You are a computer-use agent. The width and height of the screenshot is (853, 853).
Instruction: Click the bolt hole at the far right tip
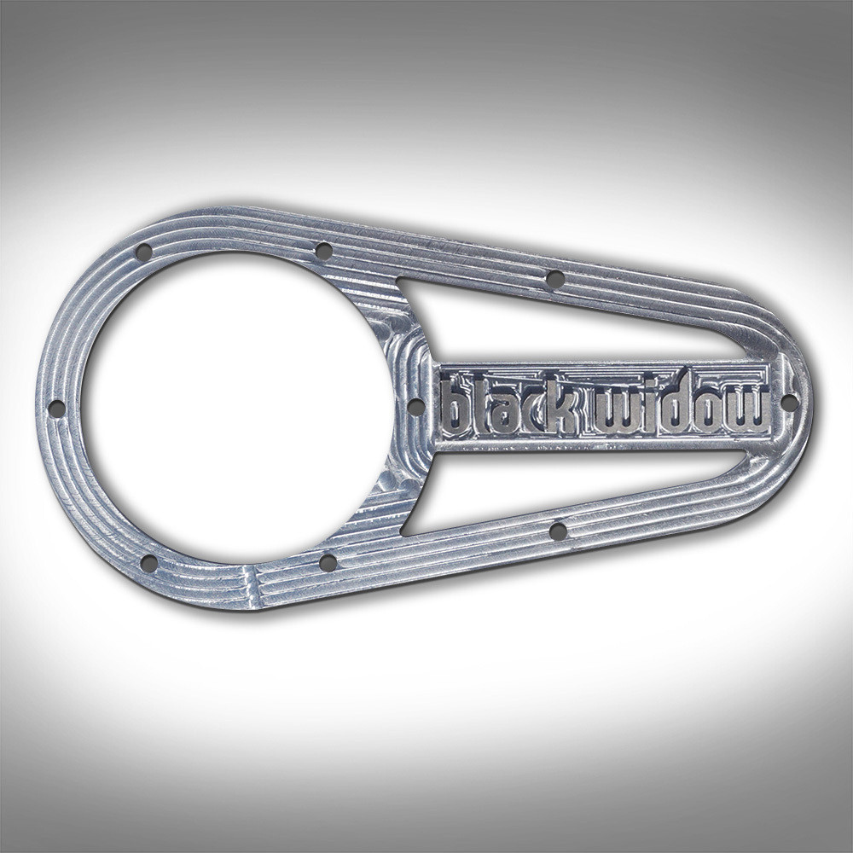[789, 401]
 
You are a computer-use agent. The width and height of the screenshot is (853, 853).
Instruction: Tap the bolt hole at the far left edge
[56, 409]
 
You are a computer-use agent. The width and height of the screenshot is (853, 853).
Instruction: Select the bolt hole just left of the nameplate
[415, 406]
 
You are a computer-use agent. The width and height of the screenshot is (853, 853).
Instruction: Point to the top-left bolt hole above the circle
[143, 252]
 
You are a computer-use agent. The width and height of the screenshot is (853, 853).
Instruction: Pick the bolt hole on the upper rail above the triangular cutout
[554, 278]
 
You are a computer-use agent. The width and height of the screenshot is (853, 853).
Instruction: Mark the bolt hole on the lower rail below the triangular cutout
[558, 531]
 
